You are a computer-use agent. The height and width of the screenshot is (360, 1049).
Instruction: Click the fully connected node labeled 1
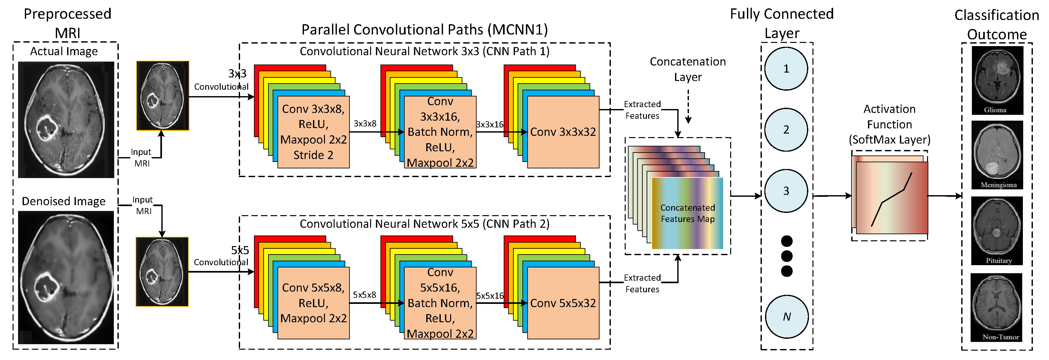786,68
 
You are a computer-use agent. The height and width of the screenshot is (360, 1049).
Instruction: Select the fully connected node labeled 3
786,191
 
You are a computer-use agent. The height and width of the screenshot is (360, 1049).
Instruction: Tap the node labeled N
786,316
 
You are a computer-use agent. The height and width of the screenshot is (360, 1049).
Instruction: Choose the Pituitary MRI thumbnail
997,231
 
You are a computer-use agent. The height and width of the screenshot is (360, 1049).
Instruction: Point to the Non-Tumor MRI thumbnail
996,307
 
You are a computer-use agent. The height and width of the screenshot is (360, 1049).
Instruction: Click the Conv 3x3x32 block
563,132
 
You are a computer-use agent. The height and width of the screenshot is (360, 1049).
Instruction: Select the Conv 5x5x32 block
563,303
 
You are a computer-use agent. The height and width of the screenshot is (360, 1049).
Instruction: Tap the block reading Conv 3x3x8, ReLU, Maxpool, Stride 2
313,132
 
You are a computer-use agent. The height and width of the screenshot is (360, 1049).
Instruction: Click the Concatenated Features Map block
687,213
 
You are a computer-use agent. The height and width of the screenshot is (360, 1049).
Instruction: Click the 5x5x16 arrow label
490,296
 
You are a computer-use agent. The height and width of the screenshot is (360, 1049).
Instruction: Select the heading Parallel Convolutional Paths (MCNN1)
424,30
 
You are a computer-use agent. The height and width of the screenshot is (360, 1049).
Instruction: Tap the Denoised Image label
64,201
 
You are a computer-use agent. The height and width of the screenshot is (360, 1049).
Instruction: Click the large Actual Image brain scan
66,120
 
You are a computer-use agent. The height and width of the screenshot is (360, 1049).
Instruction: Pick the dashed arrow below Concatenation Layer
688,106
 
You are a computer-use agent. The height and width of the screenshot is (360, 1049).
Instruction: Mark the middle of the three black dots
787,256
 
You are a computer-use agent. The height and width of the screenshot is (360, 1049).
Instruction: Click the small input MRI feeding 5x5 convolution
162,272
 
